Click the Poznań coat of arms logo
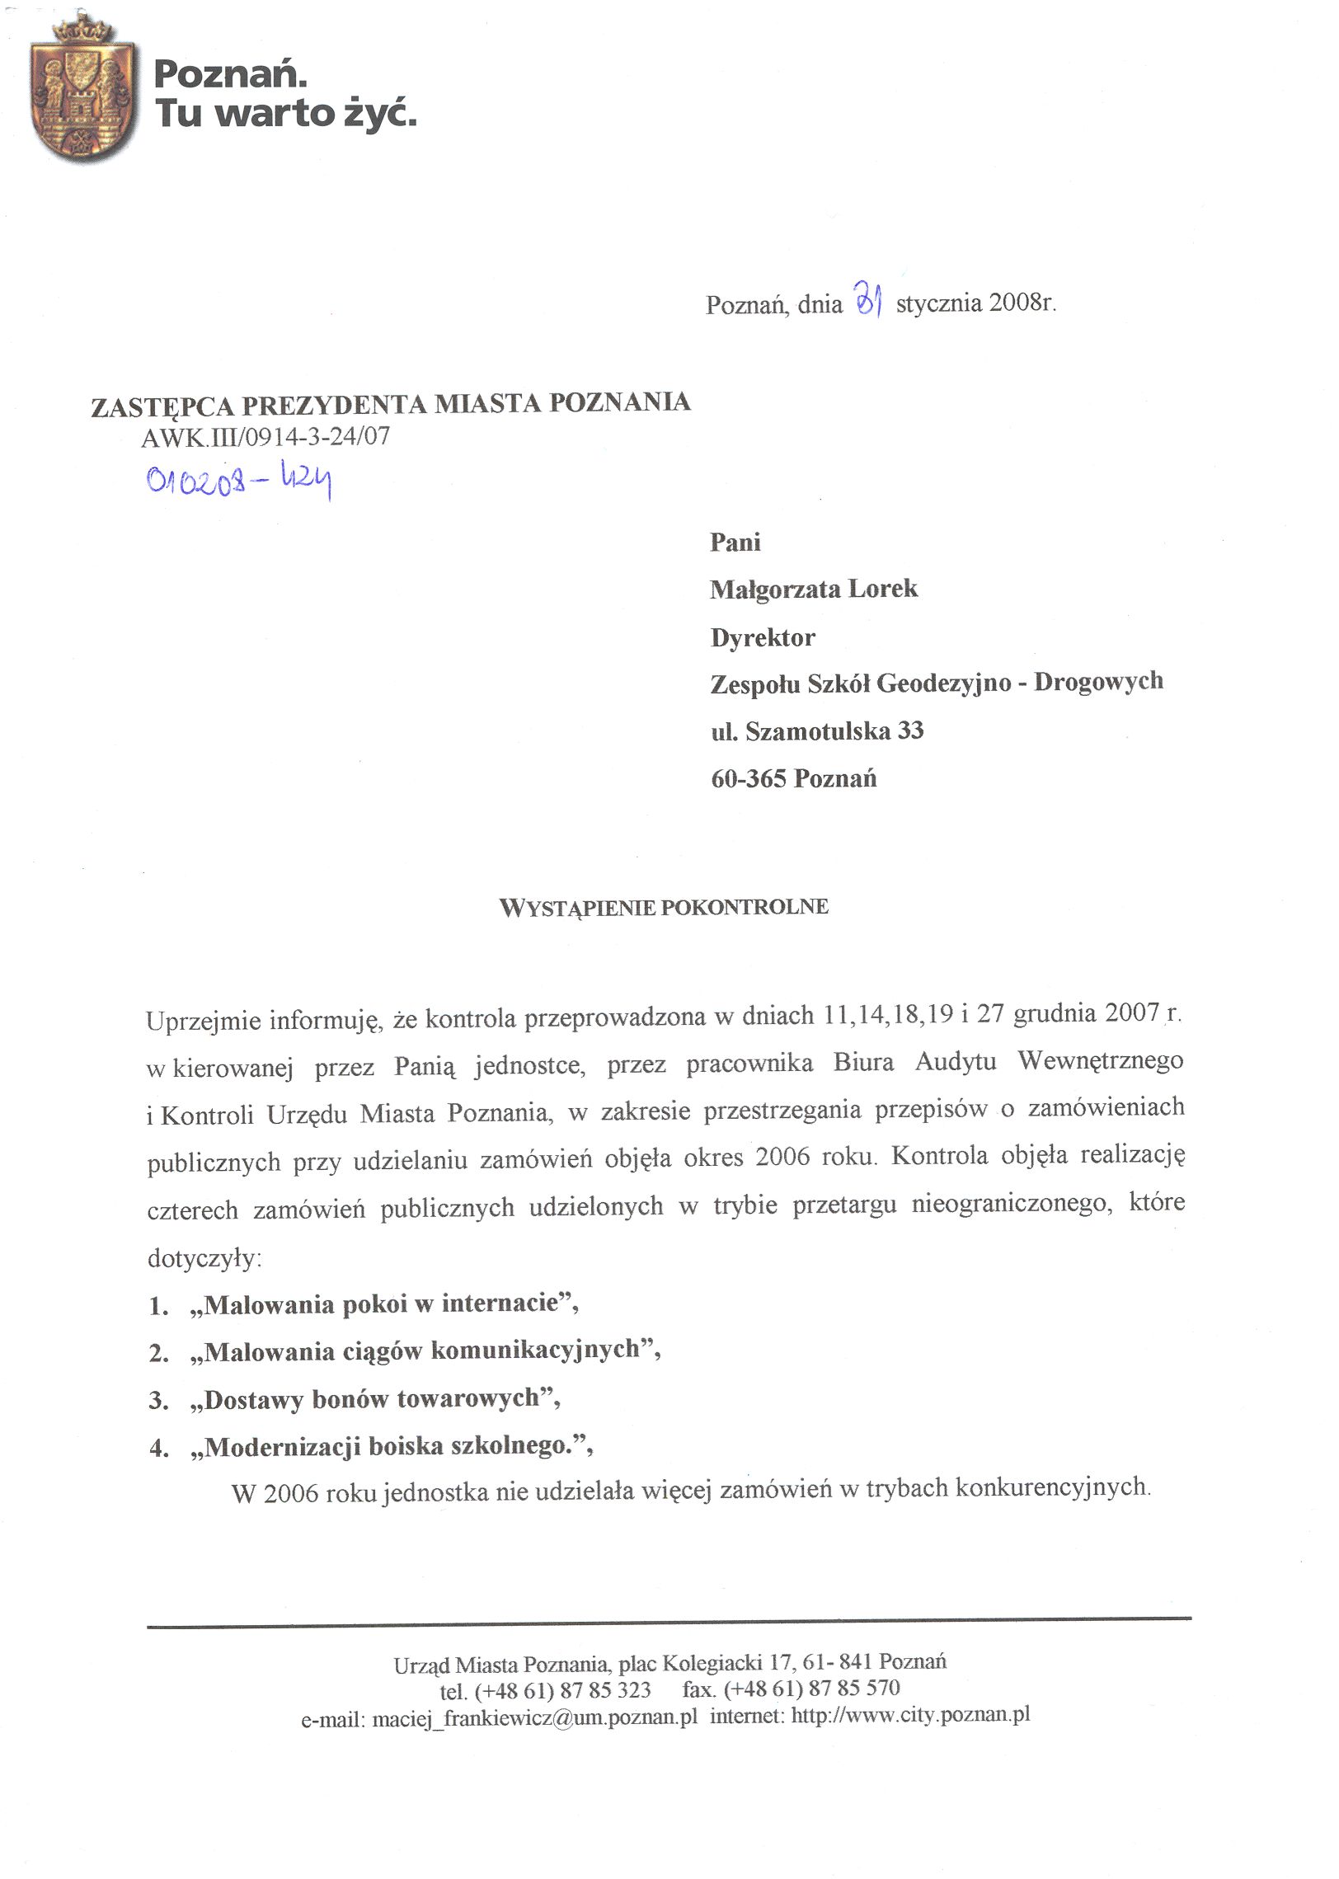(x=82, y=91)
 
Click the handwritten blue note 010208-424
(x=239, y=480)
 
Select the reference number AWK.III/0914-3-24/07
(x=265, y=436)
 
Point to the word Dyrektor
(x=763, y=637)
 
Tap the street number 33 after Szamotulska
(x=910, y=730)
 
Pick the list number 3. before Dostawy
(x=159, y=1401)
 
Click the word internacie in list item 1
(x=500, y=1304)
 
